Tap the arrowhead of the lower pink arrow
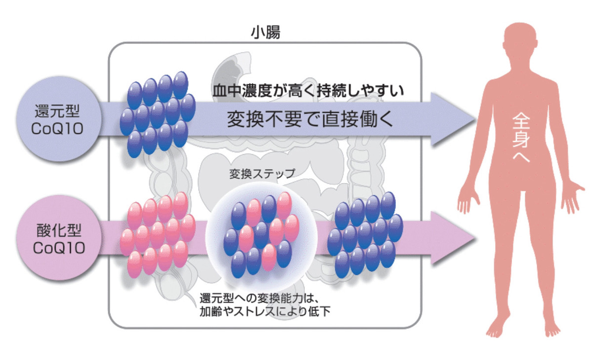pos(452,238)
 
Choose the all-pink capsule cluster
pos(157,234)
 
